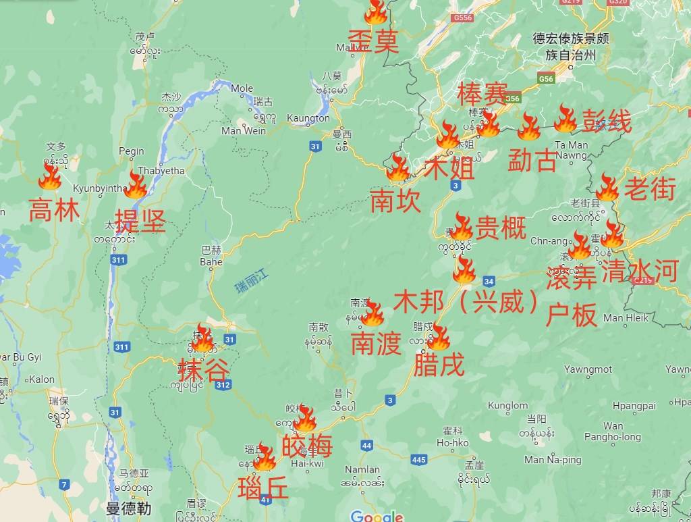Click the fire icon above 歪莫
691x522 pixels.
coord(376,12)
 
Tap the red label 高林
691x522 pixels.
coord(54,212)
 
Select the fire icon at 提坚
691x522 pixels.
coord(136,185)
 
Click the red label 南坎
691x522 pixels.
coord(395,201)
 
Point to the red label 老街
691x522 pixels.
coord(649,190)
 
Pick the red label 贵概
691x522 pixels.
coord(501,228)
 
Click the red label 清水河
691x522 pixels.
coord(638,271)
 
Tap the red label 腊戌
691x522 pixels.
coord(439,366)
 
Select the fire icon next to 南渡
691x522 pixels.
coord(372,314)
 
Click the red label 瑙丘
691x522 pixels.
coord(263,487)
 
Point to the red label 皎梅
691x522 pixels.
coord(307,446)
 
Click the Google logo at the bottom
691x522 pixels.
coord(377,516)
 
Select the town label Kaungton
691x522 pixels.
coord(308,118)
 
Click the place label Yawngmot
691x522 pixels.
coord(588,369)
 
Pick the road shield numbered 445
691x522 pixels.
coord(418,460)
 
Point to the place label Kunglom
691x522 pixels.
coord(507,405)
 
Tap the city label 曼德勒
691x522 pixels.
coord(128,508)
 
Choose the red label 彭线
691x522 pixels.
coord(607,123)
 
